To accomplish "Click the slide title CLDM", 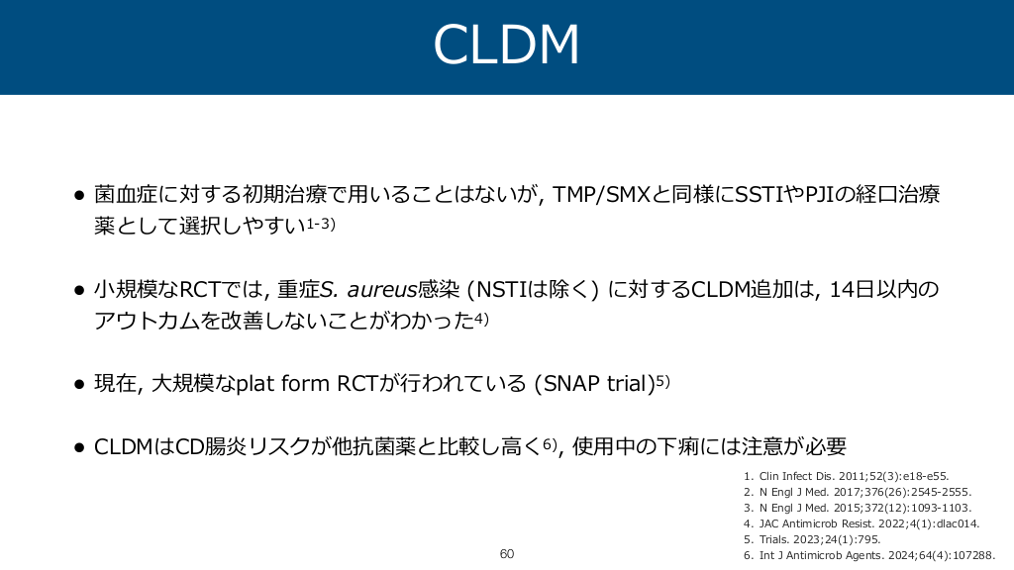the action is coord(506,44).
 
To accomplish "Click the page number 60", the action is coord(507,554).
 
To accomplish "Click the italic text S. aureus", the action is coord(368,290).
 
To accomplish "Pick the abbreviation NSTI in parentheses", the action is coord(502,290).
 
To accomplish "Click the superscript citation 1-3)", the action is coord(321,224).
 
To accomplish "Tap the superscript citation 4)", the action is coord(482,319).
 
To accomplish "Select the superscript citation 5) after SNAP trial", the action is coord(662,381).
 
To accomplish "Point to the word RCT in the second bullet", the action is coord(199,290).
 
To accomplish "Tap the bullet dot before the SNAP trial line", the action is coord(79,385).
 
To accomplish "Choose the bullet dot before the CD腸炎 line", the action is coord(79,447).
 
